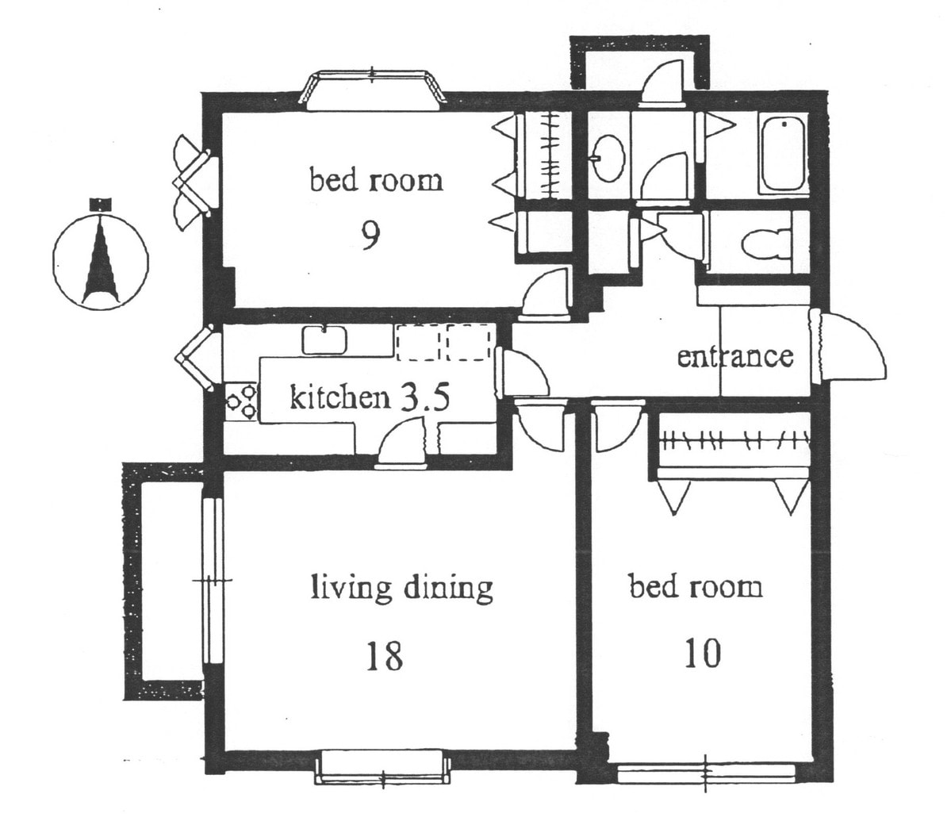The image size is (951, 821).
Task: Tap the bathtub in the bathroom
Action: coord(783,154)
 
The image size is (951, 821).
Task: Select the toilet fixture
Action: coord(767,244)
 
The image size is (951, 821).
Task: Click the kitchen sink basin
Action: coord(324,340)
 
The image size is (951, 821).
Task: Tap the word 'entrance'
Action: coord(735,356)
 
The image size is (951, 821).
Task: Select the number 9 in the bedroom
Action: coord(370,235)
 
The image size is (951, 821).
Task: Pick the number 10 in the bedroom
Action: coord(703,653)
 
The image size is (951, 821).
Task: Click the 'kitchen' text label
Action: coord(339,398)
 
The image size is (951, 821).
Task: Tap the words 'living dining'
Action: coord(402,588)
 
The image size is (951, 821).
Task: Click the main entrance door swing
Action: coord(849,347)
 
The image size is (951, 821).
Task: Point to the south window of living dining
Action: coord(383,766)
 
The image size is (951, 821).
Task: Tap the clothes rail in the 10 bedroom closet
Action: coord(734,441)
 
